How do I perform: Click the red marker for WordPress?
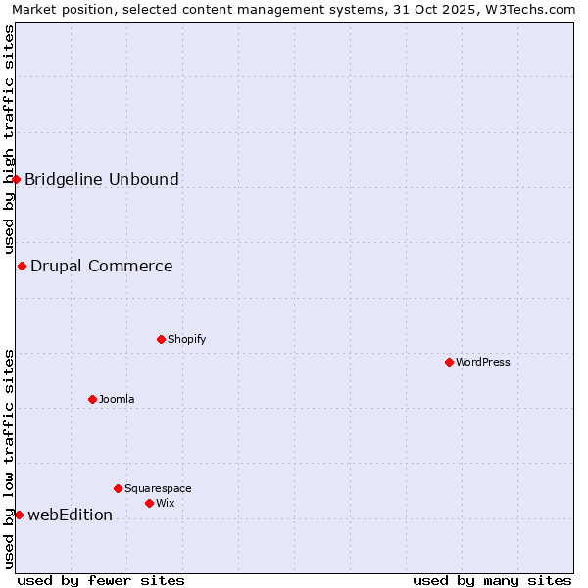coord(449,362)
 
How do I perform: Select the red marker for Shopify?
coord(161,339)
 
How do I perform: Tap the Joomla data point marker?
coord(92,399)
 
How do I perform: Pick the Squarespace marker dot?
coord(118,488)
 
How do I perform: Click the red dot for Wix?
coord(149,503)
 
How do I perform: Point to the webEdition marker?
coord(19,514)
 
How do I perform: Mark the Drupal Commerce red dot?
coord(22,266)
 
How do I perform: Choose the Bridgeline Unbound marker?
coord(16,179)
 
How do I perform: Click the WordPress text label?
coord(483,362)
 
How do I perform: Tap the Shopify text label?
coord(186,339)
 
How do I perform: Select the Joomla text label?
coord(117,399)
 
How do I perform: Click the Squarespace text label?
coord(158,488)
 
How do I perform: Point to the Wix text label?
coord(166,503)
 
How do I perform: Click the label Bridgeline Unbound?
coord(102,179)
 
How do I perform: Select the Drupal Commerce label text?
coord(102,266)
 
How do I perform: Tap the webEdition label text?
coord(71,514)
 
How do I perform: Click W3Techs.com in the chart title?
coord(532,9)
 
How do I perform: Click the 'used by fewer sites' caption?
coord(101,580)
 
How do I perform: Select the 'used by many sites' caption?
coord(492,580)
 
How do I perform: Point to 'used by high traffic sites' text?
coord(9,137)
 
